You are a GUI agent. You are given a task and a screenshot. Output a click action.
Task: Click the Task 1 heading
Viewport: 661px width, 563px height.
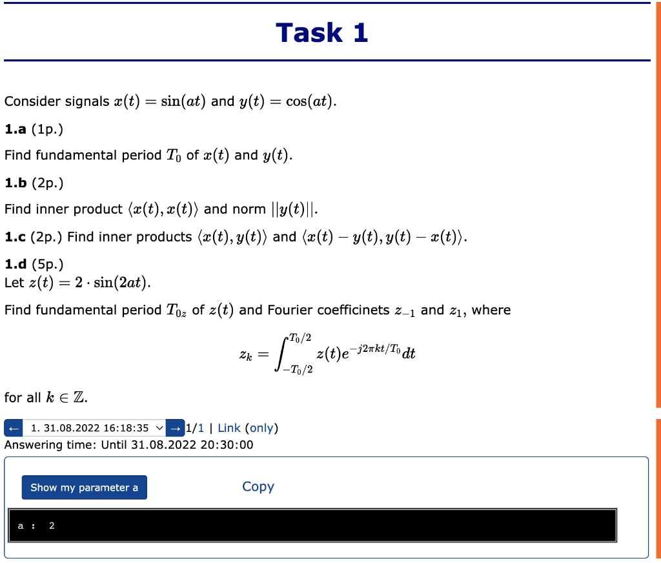(x=321, y=32)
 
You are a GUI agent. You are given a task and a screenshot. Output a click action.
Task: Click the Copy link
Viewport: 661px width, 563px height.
(x=258, y=487)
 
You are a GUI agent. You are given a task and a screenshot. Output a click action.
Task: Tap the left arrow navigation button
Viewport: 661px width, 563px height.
(x=13, y=428)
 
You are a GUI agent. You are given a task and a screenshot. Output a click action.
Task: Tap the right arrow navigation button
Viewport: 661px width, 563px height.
(x=174, y=428)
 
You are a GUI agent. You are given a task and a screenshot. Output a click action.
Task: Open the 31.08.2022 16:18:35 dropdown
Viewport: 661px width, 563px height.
(x=94, y=428)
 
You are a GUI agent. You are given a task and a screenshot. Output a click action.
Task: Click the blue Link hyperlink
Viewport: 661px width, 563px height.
(x=229, y=428)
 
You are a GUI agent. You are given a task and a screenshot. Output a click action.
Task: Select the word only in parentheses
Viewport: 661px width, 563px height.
(x=261, y=428)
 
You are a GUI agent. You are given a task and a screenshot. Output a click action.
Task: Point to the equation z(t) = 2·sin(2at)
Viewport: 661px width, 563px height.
(x=77, y=283)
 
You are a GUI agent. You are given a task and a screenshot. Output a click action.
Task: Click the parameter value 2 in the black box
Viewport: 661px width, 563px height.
(x=52, y=526)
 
